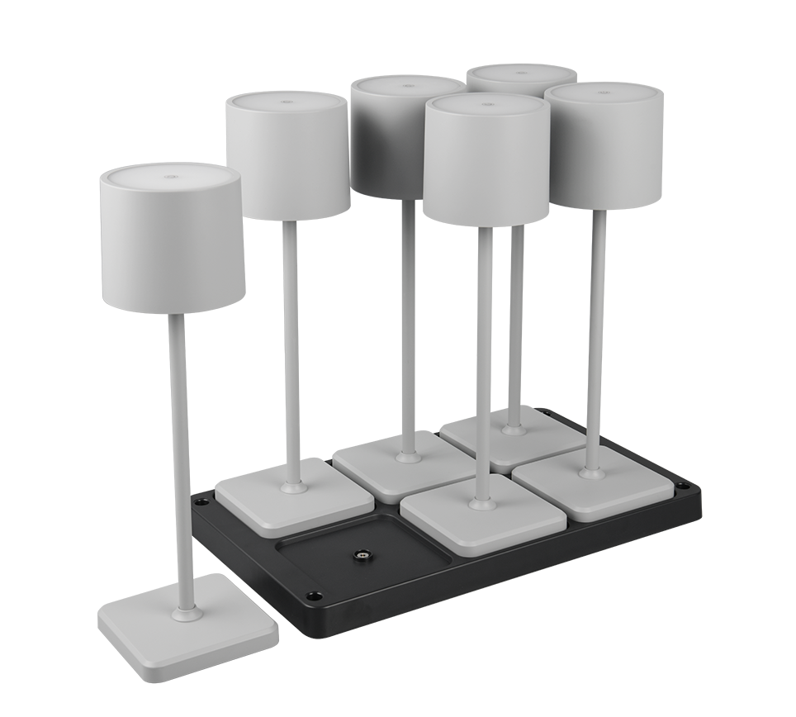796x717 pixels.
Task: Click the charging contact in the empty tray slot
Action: [361, 555]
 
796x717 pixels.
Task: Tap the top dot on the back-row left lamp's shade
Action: [284, 102]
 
